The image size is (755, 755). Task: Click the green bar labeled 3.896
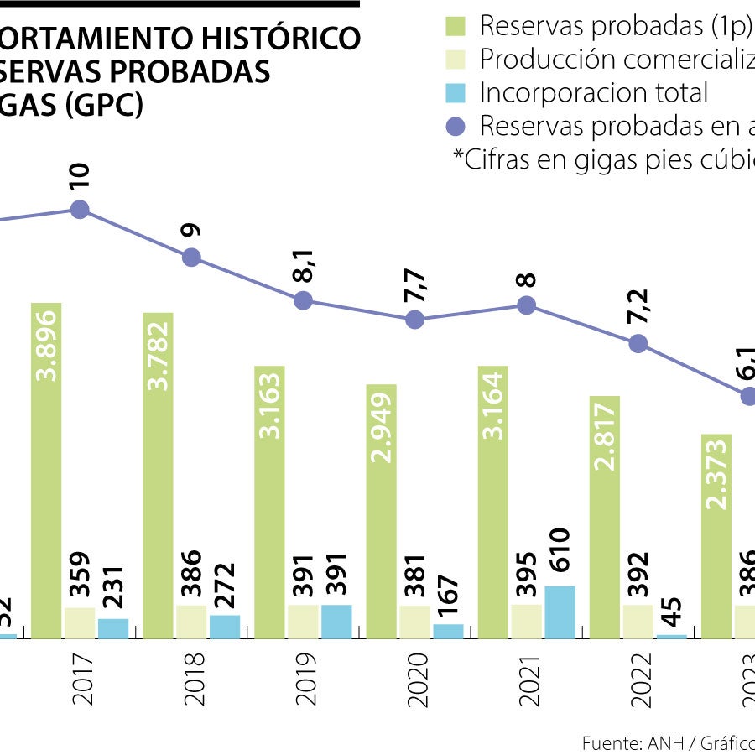tap(46, 470)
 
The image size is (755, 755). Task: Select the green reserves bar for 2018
tap(158, 475)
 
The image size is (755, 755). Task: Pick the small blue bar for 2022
tap(671, 636)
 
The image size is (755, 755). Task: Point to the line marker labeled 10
tap(80, 210)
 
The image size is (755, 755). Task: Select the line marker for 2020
tap(414, 320)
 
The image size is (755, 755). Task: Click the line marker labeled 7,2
tap(638, 343)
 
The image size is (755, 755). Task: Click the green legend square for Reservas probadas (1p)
tap(455, 27)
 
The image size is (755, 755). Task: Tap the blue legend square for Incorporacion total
tap(455, 93)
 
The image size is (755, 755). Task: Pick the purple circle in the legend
tap(456, 127)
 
